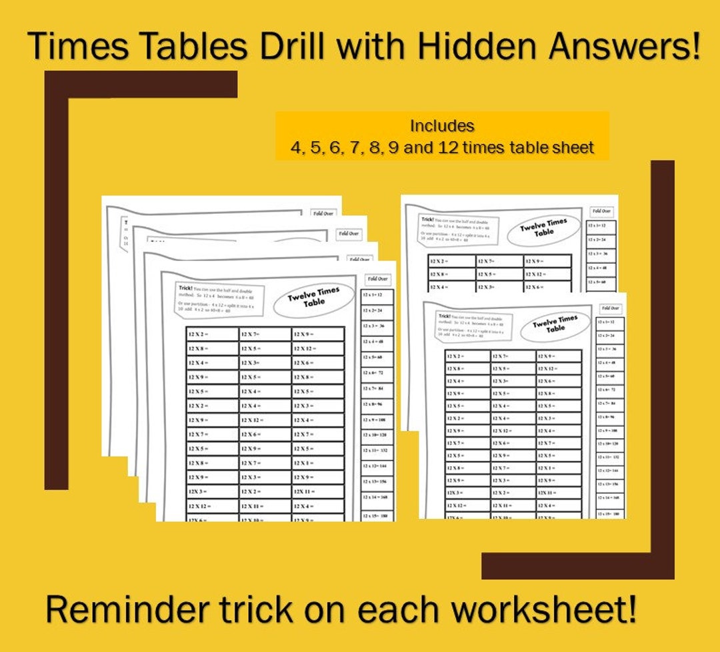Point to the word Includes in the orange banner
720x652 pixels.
442,125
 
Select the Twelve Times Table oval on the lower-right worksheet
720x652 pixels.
555,324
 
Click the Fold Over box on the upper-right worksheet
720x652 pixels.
601,211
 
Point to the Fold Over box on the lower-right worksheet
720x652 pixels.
611,308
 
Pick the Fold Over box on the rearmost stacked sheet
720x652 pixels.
323,214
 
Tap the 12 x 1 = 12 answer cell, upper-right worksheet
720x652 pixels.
601,226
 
